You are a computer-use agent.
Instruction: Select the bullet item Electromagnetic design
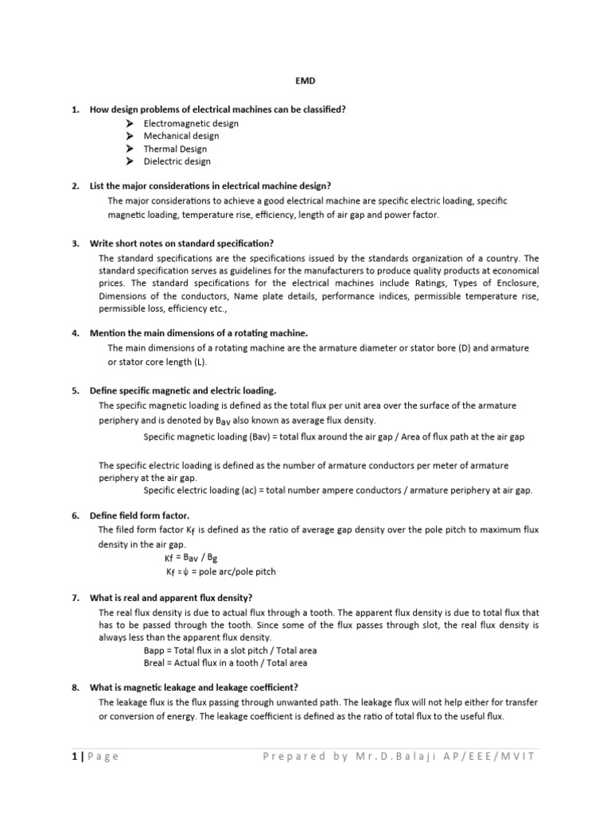pyautogui.click(x=191, y=123)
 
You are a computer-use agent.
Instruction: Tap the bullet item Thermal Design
pyautogui.click(x=175, y=149)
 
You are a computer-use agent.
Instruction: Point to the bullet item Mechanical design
pyautogui.click(x=181, y=136)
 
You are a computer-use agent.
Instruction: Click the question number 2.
pyautogui.click(x=75, y=186)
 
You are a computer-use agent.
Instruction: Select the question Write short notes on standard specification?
pyautogui.click(x=181, y=243)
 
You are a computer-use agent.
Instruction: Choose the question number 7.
pyautogui.click(x=75, y=597)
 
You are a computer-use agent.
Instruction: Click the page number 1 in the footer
pyautogui.click(x=73, y=756)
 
